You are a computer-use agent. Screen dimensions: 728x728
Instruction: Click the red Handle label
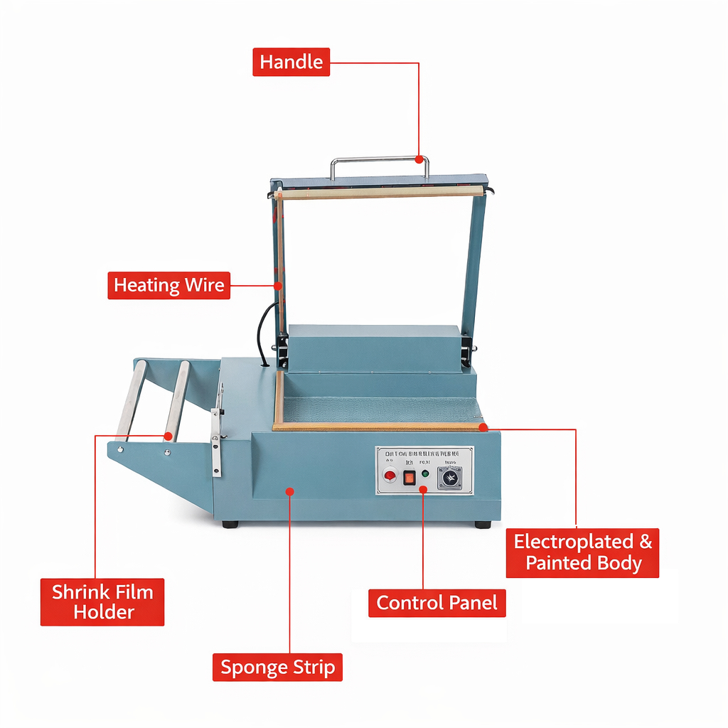click(291, 62)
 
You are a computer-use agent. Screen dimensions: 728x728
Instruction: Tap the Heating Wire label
click(169, 286)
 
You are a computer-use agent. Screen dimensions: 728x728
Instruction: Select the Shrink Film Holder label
click(102, 602)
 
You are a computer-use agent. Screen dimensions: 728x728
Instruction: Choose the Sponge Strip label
click(277, 668)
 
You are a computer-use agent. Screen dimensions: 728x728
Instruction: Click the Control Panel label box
click(437, 603)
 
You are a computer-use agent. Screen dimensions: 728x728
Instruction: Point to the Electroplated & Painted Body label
click(582, 552)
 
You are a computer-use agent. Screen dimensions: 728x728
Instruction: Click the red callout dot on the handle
click(419, 159)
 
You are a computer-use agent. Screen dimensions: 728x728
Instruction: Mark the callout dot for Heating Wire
click(278, 286)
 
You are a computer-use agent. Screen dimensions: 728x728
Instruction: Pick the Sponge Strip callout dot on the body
click(289, 491)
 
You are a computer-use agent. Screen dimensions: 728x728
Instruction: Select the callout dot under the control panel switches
click(423, 489)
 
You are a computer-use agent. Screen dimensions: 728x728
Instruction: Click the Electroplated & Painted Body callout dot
click(483, 427)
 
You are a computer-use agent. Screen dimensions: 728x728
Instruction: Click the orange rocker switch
click(409, 478)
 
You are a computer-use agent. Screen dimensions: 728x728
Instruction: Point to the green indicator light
click(425, 473)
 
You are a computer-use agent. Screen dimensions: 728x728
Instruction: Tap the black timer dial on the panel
click(449, 478)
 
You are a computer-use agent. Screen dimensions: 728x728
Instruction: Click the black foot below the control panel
click(483, 525)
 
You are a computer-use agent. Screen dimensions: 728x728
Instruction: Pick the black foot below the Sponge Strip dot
click(230, 525)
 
